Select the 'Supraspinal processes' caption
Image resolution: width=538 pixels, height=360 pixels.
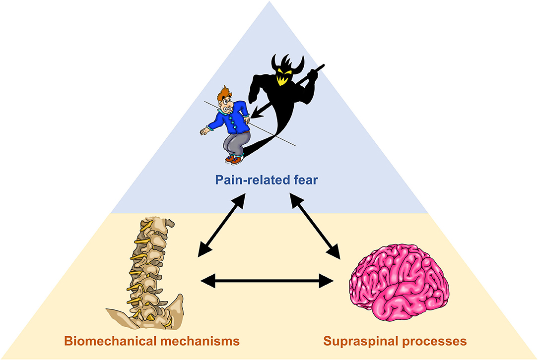tap(395, 341)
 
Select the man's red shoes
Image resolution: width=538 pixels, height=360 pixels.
tap(234, 159)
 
